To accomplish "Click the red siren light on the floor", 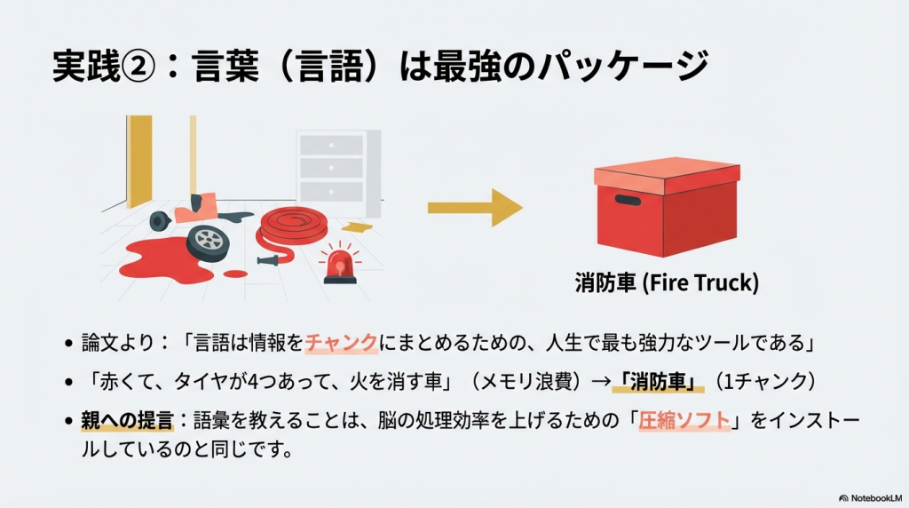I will (338, 264).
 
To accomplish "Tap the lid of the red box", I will (666, 174).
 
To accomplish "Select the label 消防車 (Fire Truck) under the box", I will (665, 284).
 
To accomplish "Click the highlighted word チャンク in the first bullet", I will (342, 343).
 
